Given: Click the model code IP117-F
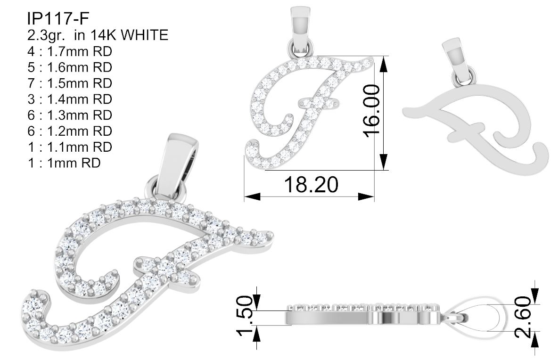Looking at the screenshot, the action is pos(58,18).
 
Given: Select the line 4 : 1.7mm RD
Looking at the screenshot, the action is pos(70,51).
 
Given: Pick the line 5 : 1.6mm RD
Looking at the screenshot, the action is pos(70,67).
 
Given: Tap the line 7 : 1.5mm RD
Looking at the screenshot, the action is pos(70,83).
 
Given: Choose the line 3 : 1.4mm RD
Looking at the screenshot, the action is pos(70,99).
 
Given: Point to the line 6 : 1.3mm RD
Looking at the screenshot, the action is pos(70,115).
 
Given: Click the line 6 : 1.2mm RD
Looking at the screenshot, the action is pos(70,131).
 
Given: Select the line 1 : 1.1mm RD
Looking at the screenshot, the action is pos(70,147).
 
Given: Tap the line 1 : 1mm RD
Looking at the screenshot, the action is pos(64,163).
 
